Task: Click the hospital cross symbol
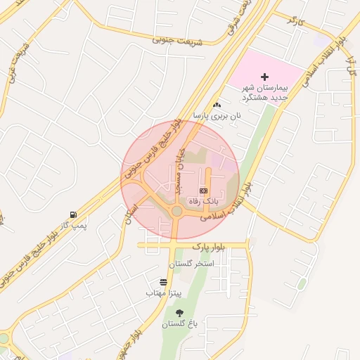pyautogui.click(x=265, y=76)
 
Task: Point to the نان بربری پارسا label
pyautogui.click(x=218, y=117)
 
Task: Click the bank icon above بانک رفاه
pyautogui.click(x=204, y=191)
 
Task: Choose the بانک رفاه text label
pyautogui.click(x=204, y=201)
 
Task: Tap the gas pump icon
pyautogui.click(x=73, y=214)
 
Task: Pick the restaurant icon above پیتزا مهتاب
pyautogui.click(x=164, y=282)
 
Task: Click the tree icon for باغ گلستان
pyautogui.click(x=179, y=313)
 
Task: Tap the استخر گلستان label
pyautogui.click(x=191, y=264)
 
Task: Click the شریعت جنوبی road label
pyautogui.click(x=176, y=41)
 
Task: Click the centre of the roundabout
pyautogui.click(x=176, y=211)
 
